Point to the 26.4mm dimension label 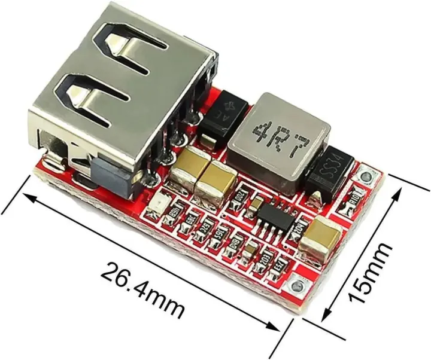point(141,287)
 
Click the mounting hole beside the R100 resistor point(365,176)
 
